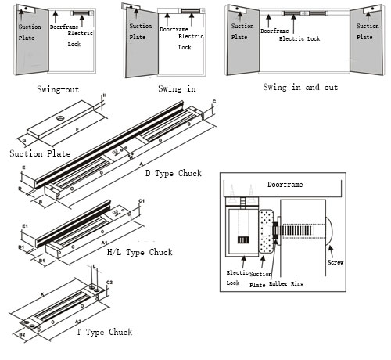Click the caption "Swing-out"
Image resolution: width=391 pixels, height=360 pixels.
[57, 89]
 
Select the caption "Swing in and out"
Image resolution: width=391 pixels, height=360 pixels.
[300, 87]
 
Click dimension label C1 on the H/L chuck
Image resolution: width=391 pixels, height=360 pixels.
[142, 203]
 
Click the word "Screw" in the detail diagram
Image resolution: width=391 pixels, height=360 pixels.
[335, 263]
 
